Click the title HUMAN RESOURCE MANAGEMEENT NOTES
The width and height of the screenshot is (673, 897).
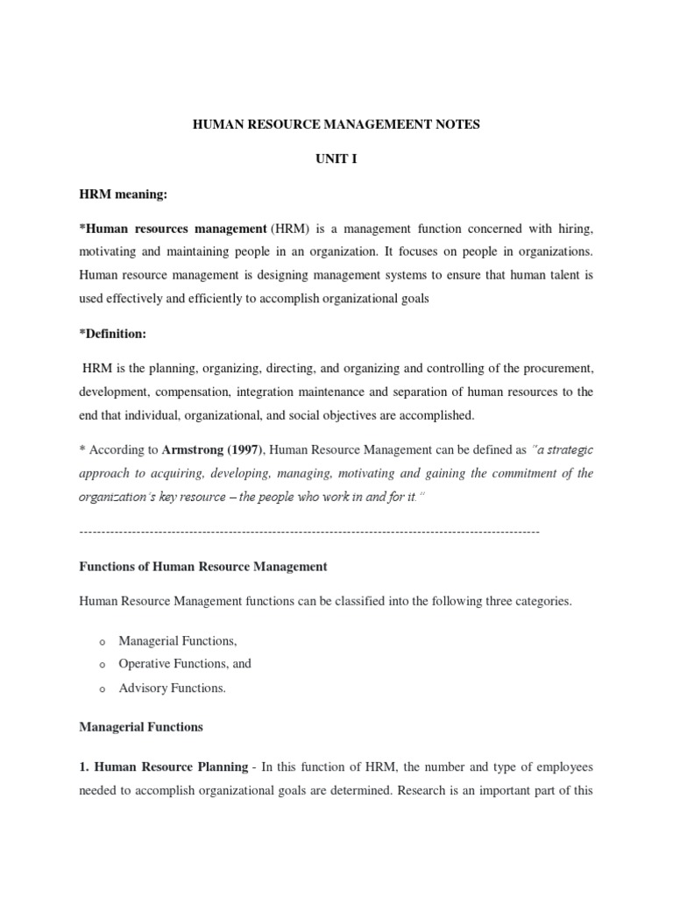point(336,125)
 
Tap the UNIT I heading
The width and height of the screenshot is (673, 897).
point(336,159)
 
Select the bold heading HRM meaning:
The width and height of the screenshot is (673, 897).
point(123,194)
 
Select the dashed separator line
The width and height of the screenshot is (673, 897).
point(309,532)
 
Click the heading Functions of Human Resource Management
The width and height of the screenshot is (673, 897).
point(203,567)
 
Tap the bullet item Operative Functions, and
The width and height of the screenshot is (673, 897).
point(185,664)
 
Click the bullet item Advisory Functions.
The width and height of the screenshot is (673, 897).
point(172,688)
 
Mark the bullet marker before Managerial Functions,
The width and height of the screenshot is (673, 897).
point(103,642)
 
